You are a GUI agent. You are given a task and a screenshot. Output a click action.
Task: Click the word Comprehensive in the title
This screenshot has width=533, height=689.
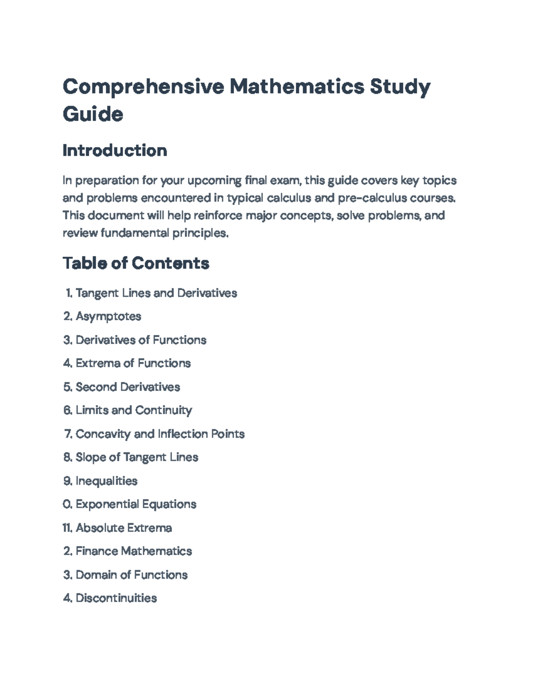143,86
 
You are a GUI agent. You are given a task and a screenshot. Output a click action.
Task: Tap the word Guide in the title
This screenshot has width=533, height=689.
93,114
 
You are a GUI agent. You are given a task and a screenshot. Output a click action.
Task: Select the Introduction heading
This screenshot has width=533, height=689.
115,150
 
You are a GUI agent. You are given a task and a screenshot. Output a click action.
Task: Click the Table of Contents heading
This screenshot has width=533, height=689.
136,263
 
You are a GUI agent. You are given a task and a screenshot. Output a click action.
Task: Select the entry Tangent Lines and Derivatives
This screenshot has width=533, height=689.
156,293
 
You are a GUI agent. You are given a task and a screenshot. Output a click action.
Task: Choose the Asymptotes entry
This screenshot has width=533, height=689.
108,316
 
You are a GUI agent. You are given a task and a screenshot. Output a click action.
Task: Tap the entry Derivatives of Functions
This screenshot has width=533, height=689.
141,340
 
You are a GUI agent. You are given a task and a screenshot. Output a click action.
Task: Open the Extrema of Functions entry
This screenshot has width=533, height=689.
133,363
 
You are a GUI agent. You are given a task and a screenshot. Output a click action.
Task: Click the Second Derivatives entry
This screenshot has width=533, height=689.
127,387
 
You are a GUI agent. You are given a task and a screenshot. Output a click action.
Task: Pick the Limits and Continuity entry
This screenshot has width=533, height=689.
134,410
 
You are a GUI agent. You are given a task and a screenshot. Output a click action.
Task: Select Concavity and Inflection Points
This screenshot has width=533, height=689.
160,434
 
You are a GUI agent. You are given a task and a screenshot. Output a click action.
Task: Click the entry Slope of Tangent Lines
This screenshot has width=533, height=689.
137,457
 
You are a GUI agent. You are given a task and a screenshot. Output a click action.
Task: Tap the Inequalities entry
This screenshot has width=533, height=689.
107,481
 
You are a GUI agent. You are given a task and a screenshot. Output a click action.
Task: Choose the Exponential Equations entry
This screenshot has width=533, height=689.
136,504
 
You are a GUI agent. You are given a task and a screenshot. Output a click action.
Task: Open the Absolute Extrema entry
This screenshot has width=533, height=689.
123,528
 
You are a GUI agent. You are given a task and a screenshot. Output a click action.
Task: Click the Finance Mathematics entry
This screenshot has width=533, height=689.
134,551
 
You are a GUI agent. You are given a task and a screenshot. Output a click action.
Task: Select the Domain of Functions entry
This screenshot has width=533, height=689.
131,575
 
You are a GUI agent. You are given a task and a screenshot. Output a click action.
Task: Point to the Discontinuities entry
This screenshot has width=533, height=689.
116,598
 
